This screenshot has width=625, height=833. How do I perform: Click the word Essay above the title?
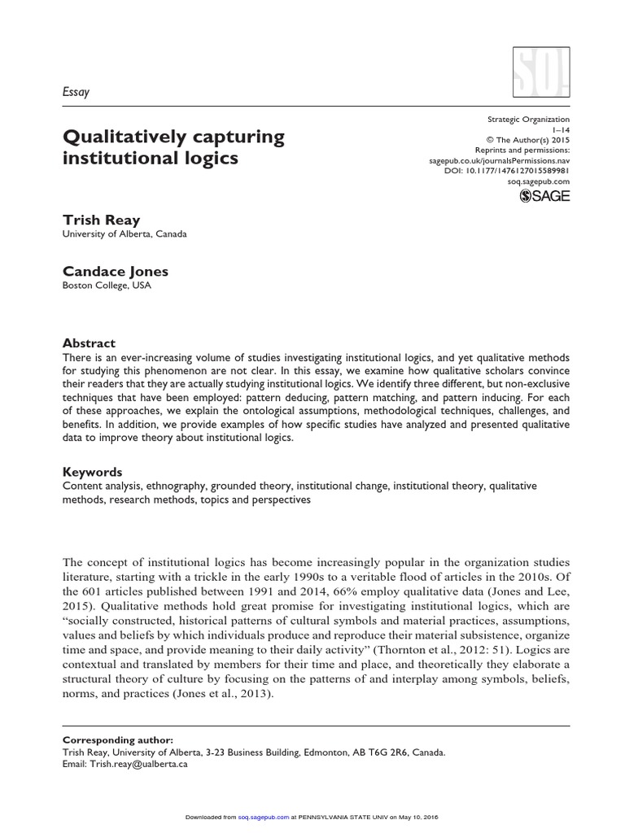pyautogui.click(x=76, y=92)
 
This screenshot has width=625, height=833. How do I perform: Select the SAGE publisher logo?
pyautogui.click(x=545, y=195)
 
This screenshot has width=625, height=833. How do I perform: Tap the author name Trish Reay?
pyautogui.click(x=101, y=220)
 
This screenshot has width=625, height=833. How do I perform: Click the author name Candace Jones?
pyautogui.click(x=116, y=271)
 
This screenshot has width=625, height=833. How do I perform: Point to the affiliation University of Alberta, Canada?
pyautogui.click(x=125, y=234)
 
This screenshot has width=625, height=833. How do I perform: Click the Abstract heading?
pyautogui.click(x=90, y=343)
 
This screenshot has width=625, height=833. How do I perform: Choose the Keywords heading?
pyautogui.click(x=93, y=472)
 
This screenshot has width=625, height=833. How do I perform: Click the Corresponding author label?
pyautogui.click(x=118, y=740)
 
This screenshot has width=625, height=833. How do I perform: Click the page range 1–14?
pyautogui.click(x=561, y=129)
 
